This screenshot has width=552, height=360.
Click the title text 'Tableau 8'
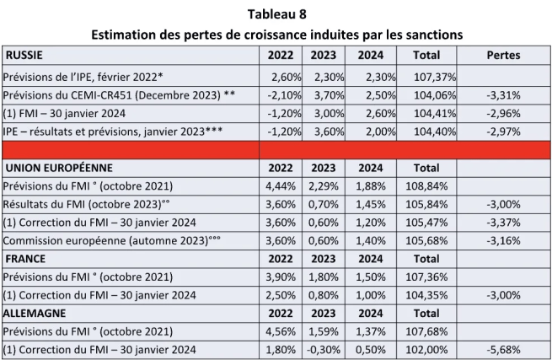[x=276, y=13]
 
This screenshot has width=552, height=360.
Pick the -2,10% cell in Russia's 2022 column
[x=281, y=95]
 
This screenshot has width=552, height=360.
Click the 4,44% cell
[x=281, y=186]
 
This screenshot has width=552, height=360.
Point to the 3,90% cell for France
[x=281, y=277]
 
